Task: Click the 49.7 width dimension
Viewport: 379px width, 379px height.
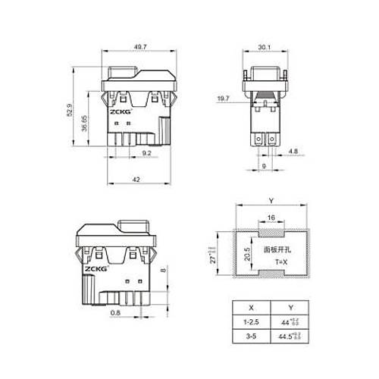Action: [x=140, y=46]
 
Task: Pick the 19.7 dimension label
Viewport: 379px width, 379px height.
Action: [x=224, y=98]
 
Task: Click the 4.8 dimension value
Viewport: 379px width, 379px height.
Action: [x=293, y=152]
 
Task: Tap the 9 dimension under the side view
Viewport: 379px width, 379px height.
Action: [x=263, y=166]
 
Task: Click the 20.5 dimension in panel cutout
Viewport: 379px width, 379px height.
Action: [x=246, y=252]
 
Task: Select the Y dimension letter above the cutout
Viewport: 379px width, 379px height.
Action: [x=271, y=201]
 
